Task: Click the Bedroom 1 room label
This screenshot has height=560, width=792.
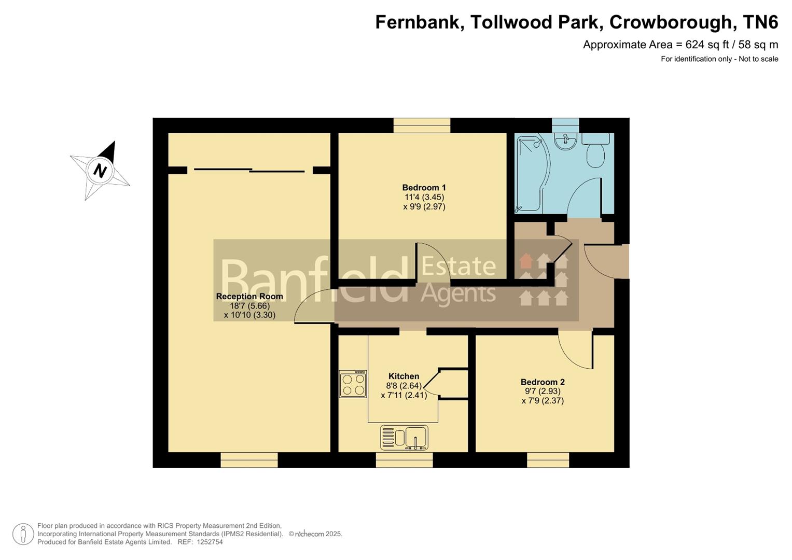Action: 424,188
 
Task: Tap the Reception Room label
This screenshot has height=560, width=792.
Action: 249,297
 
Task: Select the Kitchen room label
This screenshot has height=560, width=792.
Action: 404,376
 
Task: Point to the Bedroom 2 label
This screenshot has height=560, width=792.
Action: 543,382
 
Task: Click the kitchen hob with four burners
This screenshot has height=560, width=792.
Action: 353,384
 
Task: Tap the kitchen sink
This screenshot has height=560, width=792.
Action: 404,437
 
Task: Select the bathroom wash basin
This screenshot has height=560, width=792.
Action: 565,141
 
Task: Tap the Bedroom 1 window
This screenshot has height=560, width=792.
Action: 422,125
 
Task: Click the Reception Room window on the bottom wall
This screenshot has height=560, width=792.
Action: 249,460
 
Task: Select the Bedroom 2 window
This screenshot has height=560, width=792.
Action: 548,460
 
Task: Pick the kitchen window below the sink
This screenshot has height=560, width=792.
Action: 404,460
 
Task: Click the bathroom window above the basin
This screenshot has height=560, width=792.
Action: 565,125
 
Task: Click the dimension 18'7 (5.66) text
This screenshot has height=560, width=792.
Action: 249,306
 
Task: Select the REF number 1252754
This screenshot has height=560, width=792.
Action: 207,542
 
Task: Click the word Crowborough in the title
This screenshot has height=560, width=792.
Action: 673,22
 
